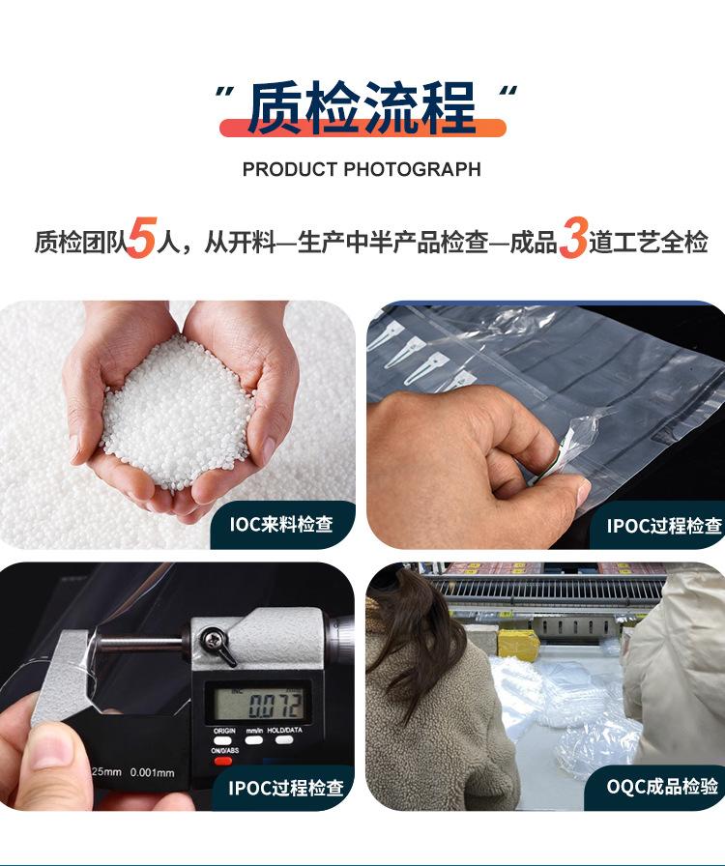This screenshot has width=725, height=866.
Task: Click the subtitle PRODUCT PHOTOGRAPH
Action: tap(362, 169)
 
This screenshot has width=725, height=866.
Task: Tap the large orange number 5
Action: tap(142, 238)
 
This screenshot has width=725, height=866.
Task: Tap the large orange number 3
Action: tap(572, 238)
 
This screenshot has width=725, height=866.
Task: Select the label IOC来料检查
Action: tap(281, 524)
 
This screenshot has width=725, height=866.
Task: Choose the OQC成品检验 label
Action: tap(662, 787)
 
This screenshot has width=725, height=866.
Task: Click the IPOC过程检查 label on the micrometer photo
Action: tap(286, 788)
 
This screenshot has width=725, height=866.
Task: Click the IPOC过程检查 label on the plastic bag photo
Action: tap(664, 525)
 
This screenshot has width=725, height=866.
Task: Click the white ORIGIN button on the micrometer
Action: tap(222, 740)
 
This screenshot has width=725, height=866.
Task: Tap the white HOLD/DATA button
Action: tap(284, 739)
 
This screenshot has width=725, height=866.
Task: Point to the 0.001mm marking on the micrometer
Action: tap(152, 772)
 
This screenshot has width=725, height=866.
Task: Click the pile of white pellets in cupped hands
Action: tap(176, 412)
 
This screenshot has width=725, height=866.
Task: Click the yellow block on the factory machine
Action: tap(518, 645)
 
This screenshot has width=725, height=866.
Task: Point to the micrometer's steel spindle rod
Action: tap(141, 644)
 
